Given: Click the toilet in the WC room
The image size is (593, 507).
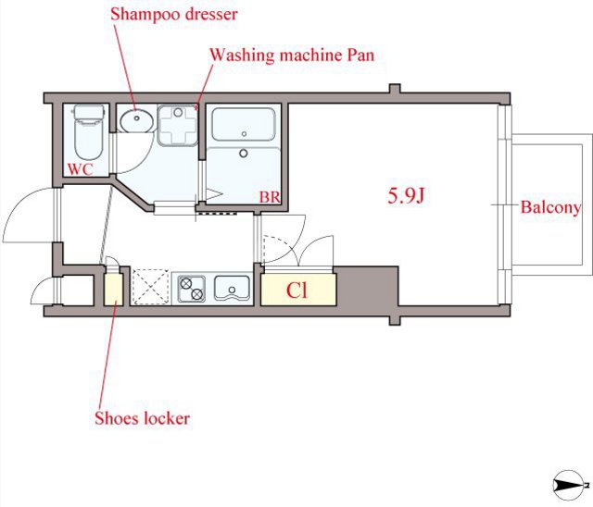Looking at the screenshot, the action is tap(89, 132).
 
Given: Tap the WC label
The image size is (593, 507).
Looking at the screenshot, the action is tap(81, 169).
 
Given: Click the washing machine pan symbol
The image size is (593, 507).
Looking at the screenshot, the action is tap(177, 125).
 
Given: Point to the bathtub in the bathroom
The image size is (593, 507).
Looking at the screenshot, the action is tap(244, 125).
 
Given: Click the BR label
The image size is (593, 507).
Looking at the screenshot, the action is tap(270, 197).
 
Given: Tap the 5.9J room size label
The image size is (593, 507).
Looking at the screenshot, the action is tap(406, 195).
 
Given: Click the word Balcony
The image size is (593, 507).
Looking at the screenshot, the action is tap(550, 207).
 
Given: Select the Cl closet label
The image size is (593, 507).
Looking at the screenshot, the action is tap(296, 291).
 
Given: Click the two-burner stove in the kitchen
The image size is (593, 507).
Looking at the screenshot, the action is tap(192, 289).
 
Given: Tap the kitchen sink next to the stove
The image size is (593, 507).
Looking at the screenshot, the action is tap(232, 288).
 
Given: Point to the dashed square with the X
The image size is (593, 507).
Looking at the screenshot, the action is tap(150, 287).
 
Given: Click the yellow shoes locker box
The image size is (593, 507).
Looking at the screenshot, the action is tap(113, 290).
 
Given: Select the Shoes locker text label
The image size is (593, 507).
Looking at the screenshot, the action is tap(142, 418).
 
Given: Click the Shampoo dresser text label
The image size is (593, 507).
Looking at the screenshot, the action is tap(174, 15).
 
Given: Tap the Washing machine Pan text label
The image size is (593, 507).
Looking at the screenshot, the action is tap(292, 56).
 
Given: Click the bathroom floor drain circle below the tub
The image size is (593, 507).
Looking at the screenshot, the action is tap(244, 153).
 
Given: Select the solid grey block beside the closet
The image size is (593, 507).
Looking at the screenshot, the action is tap(367, 286).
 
